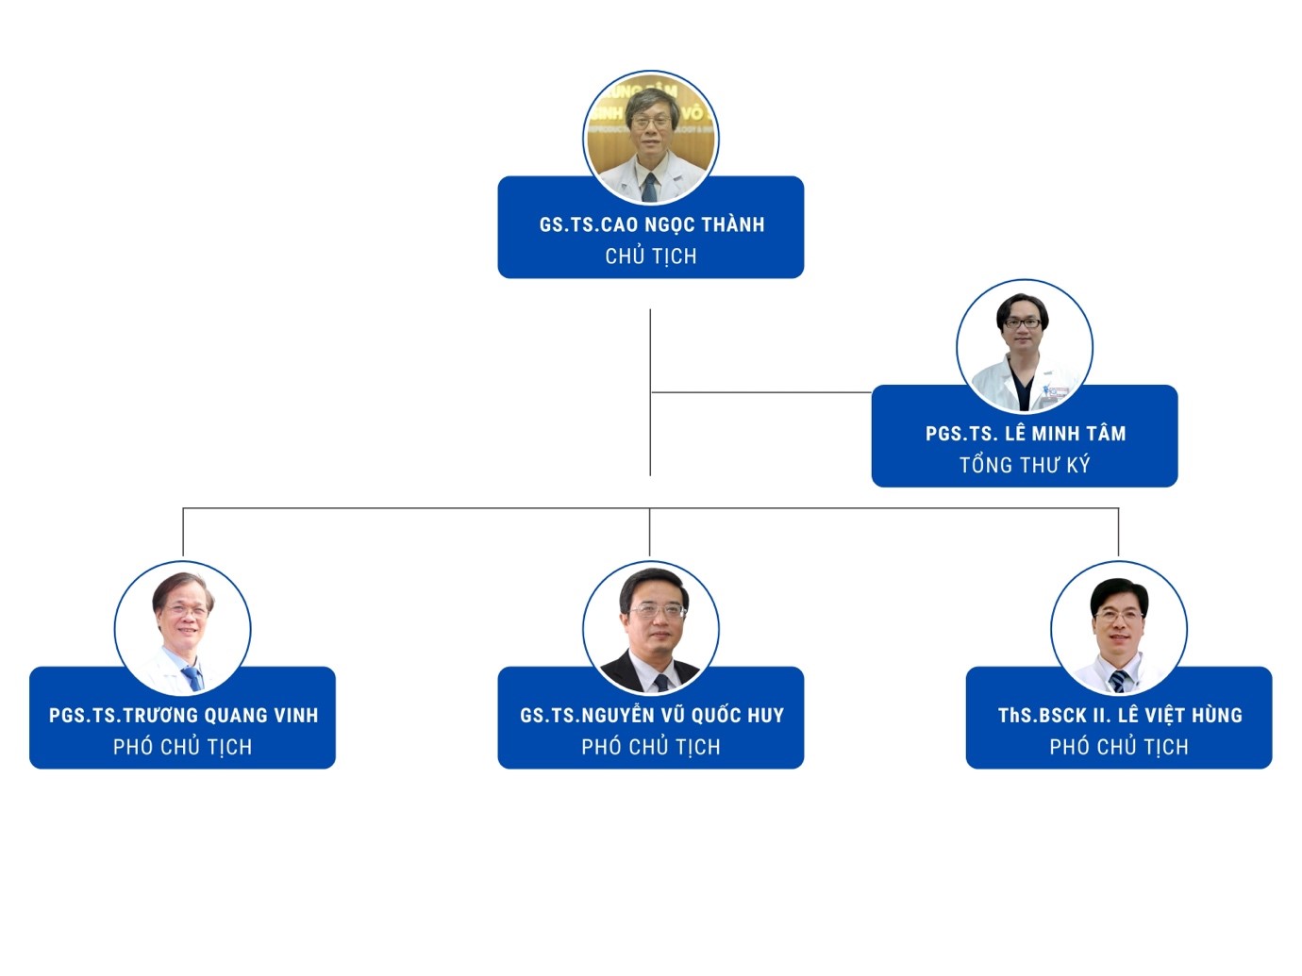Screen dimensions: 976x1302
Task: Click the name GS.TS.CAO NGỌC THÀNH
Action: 651,224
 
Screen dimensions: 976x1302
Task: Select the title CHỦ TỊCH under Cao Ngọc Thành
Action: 651,256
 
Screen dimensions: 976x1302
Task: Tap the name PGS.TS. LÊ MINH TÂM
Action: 1025,434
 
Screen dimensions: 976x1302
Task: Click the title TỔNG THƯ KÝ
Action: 1025,465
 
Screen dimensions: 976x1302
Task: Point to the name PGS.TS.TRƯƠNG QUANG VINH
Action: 183,716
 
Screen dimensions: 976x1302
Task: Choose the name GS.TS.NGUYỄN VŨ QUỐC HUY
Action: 651,716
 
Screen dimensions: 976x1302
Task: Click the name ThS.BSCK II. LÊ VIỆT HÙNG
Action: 1120,716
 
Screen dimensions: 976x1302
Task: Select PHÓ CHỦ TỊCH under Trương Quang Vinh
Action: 183,747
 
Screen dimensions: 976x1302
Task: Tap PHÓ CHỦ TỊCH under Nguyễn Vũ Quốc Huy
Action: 651,747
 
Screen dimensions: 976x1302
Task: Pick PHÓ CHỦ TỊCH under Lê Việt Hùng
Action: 1119,747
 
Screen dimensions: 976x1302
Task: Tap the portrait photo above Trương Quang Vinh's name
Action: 183,628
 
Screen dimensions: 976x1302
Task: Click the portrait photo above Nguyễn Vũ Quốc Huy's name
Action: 651,628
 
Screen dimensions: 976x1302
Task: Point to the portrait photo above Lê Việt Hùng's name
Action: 1119,628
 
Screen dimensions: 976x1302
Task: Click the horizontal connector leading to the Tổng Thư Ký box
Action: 760,391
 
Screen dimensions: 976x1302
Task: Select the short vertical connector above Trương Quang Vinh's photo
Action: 183,533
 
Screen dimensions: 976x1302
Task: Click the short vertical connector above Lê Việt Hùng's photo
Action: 1118,533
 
